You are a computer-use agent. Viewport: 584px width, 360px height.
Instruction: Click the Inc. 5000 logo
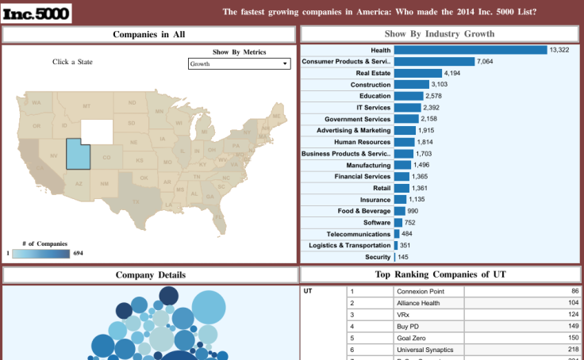(36, 13)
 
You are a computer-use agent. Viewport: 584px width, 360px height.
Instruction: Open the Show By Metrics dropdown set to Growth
(239, 64)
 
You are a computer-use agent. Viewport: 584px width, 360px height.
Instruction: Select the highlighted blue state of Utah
(75, 154)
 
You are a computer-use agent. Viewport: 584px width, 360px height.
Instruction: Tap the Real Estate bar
(417, 73)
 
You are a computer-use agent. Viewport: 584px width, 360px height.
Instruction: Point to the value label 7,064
(486, 62)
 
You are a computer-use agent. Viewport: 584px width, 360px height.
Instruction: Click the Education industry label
(375, 96)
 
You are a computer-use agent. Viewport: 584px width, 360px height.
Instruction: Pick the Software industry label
(377, 223)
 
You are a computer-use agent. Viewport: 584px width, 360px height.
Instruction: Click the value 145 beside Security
(403, 257)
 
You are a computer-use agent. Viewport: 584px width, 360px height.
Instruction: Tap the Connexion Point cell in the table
(428, 291)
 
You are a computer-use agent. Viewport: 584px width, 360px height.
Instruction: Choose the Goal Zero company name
(428, 337)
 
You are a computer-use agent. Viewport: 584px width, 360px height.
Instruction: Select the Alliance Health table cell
(428, 303)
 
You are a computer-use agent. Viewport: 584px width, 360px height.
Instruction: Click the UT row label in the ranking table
(309, 291)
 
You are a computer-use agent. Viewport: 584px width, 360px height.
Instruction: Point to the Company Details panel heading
(151, 275)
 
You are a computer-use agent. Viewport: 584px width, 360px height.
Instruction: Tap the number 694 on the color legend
(78, 253)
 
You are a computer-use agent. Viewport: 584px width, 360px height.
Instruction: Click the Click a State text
(72, 62)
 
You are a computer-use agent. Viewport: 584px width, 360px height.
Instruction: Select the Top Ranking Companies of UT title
(440, 275)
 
